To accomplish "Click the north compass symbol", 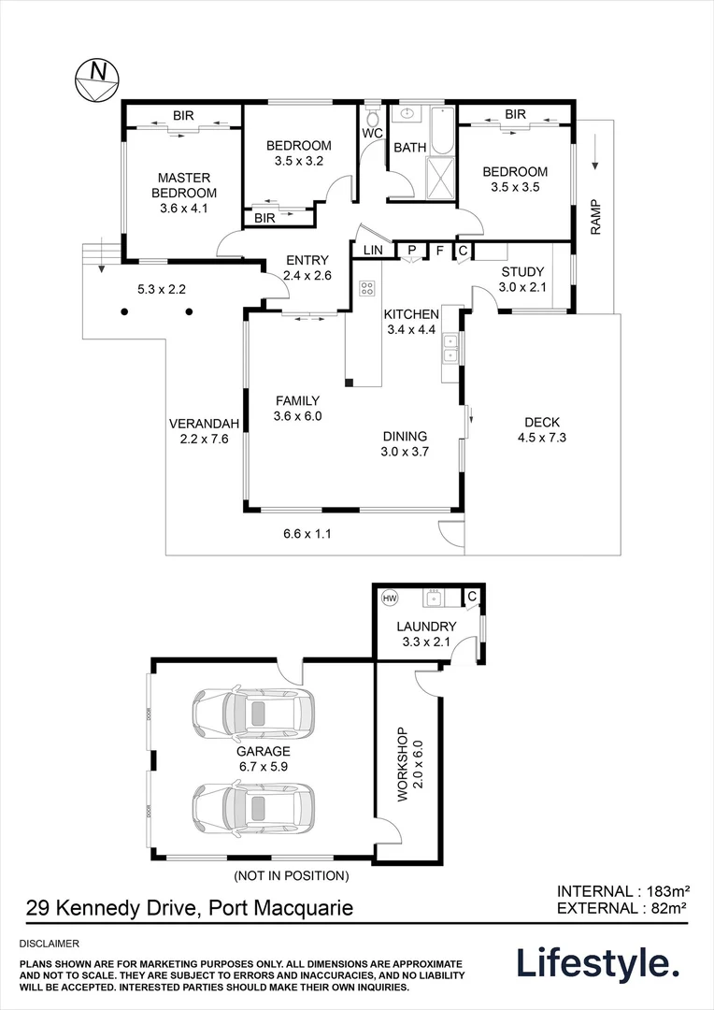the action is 97,80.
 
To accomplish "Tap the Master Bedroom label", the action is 184,185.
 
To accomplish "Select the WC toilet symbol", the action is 373,117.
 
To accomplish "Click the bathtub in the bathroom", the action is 442,132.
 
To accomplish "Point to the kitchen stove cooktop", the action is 367,289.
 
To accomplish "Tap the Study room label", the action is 522,272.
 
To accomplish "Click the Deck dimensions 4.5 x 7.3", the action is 542,438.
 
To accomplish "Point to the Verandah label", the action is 204,424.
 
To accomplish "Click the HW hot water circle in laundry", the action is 390,599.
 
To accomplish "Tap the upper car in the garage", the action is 253,714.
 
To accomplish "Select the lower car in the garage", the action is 253,808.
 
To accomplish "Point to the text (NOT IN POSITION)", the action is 292,875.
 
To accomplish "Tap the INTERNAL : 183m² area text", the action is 623,891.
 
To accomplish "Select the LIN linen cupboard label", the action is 373,250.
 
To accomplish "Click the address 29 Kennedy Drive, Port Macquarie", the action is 189,908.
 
